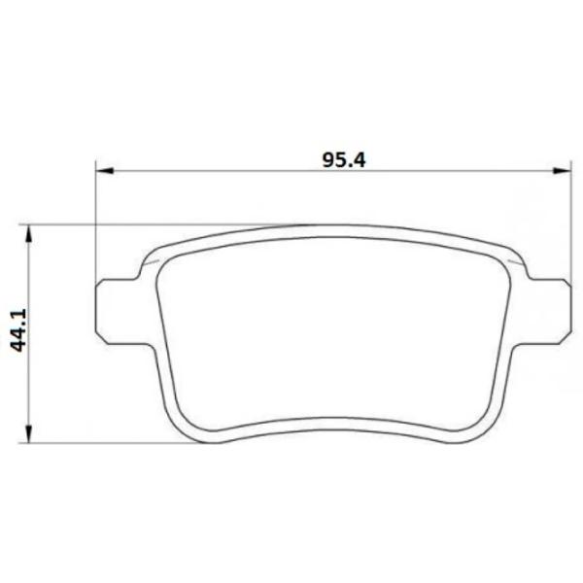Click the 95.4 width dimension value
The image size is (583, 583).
click(344, 160)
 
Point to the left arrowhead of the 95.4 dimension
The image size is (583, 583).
click(104, 171)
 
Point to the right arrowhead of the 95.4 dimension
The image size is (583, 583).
click(562, 171)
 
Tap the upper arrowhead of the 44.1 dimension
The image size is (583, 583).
click(28, 234)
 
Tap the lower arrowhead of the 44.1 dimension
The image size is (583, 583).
click(28, 433)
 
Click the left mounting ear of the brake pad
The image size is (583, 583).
click(119, 311)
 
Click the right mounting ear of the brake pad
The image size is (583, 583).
click(548, 311)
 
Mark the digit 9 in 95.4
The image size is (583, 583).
click(327, 160)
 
